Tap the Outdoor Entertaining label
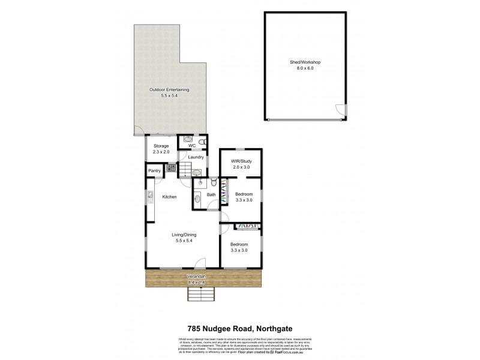(x=169, y=89)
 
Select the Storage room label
(x=161, y=146)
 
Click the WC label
(x=192, y=146)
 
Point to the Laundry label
(x=196, y=157)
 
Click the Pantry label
(x=154, y=171)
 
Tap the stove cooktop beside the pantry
(x=170, y=168)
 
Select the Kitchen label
(x=169, y=197)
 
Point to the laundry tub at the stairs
(x=196, y=173)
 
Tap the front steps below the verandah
(x=200, y=294)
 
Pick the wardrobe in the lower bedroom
(x=247, y=226)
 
